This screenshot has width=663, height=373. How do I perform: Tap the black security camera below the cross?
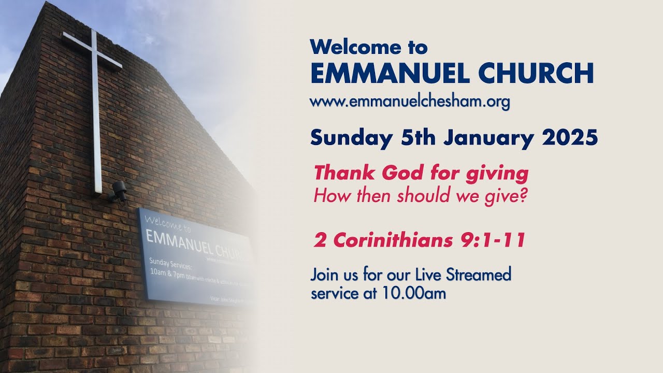point(119,191)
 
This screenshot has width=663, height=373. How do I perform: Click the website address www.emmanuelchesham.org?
point(410,102)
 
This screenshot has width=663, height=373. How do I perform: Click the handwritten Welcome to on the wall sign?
point(168,223)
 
